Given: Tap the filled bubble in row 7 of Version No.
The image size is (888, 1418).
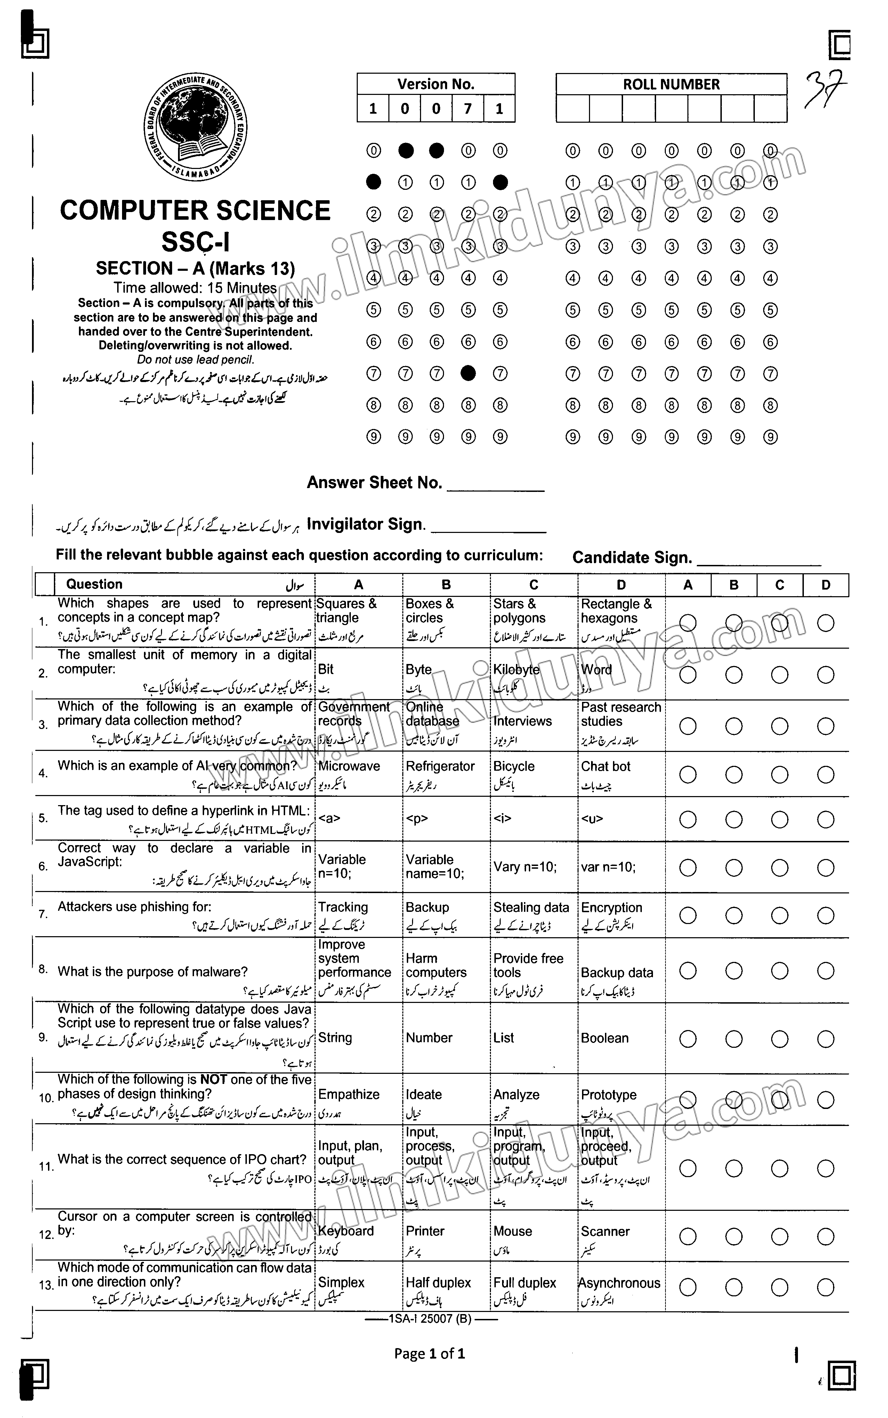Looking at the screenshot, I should click(x=468, y=373).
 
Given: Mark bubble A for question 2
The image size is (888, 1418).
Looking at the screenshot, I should click(x=688, y=675).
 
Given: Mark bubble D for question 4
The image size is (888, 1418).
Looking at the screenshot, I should click(x=826, y=775).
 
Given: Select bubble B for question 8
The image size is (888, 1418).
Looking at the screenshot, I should click(x=734, y=971).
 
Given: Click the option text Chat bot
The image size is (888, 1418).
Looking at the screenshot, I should click(x=606, y=766).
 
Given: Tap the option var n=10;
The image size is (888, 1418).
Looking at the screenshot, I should click(x=608, y=867).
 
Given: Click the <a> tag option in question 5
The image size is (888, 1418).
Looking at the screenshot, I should click(x=329, y=819).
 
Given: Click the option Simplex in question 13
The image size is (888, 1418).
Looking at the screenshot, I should click(x=341, y=1283).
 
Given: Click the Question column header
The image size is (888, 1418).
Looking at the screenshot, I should click(x=95, y=584).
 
